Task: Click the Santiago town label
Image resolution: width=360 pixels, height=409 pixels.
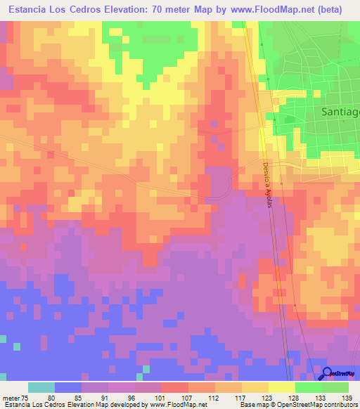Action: (x=340, y=112)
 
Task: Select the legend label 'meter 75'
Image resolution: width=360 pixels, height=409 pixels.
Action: (x=15, y=398)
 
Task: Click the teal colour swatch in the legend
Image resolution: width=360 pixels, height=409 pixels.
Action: (x=41, y=387)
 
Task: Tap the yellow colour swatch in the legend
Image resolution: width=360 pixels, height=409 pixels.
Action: (x=281, y=387)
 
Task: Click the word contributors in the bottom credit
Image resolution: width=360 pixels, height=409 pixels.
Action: (x=340, y=405)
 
